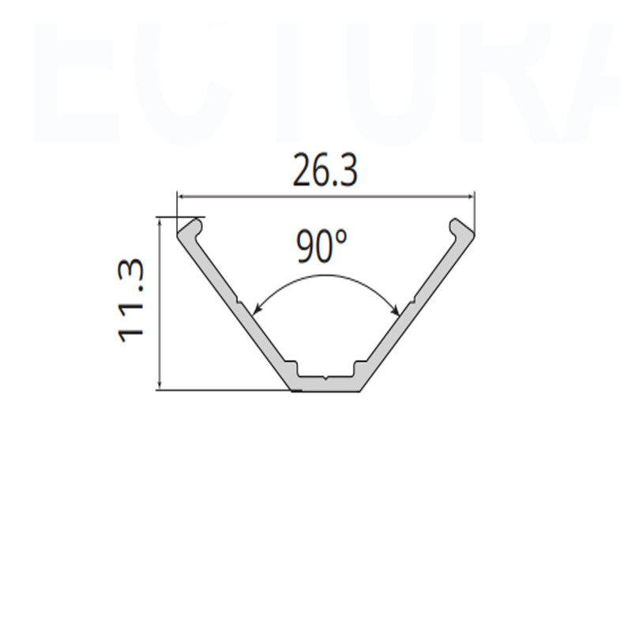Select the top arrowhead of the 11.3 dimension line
point(160,224)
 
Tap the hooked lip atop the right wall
point(461,228)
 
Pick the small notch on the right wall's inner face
point(411,302)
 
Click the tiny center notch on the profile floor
point(325,380)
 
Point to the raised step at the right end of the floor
point(356,369)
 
